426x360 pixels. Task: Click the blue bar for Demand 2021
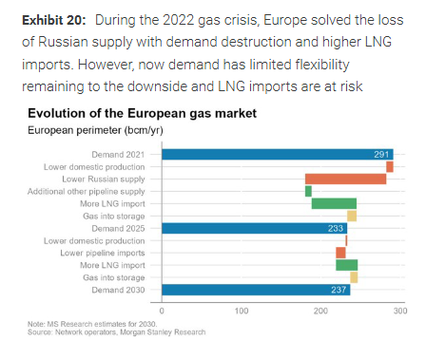pyautogui.click(x=277, y=154)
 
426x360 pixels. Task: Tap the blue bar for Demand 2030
pyautogui.click(x=256, y=290)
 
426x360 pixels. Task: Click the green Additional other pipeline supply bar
pyautogui.click(x=308, y=191)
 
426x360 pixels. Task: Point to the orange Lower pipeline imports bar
pyautogui.click(x=340, y=253)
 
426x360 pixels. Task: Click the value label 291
pyautogui.click(x=381, y=154)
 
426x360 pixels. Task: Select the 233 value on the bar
pyautogui.click(x=336, y=228)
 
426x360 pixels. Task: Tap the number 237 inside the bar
pyautogui.click(x=339, y=290)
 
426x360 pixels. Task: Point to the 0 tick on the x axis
pyautogui.click(x=162, y=311)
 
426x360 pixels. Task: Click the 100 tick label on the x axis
pyautogui.click(x=242, y=311)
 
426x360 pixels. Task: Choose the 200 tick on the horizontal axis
pyautogui.click(x=320, y=311)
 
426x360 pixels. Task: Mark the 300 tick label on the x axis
pyautogui.click(x=399, y=311)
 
